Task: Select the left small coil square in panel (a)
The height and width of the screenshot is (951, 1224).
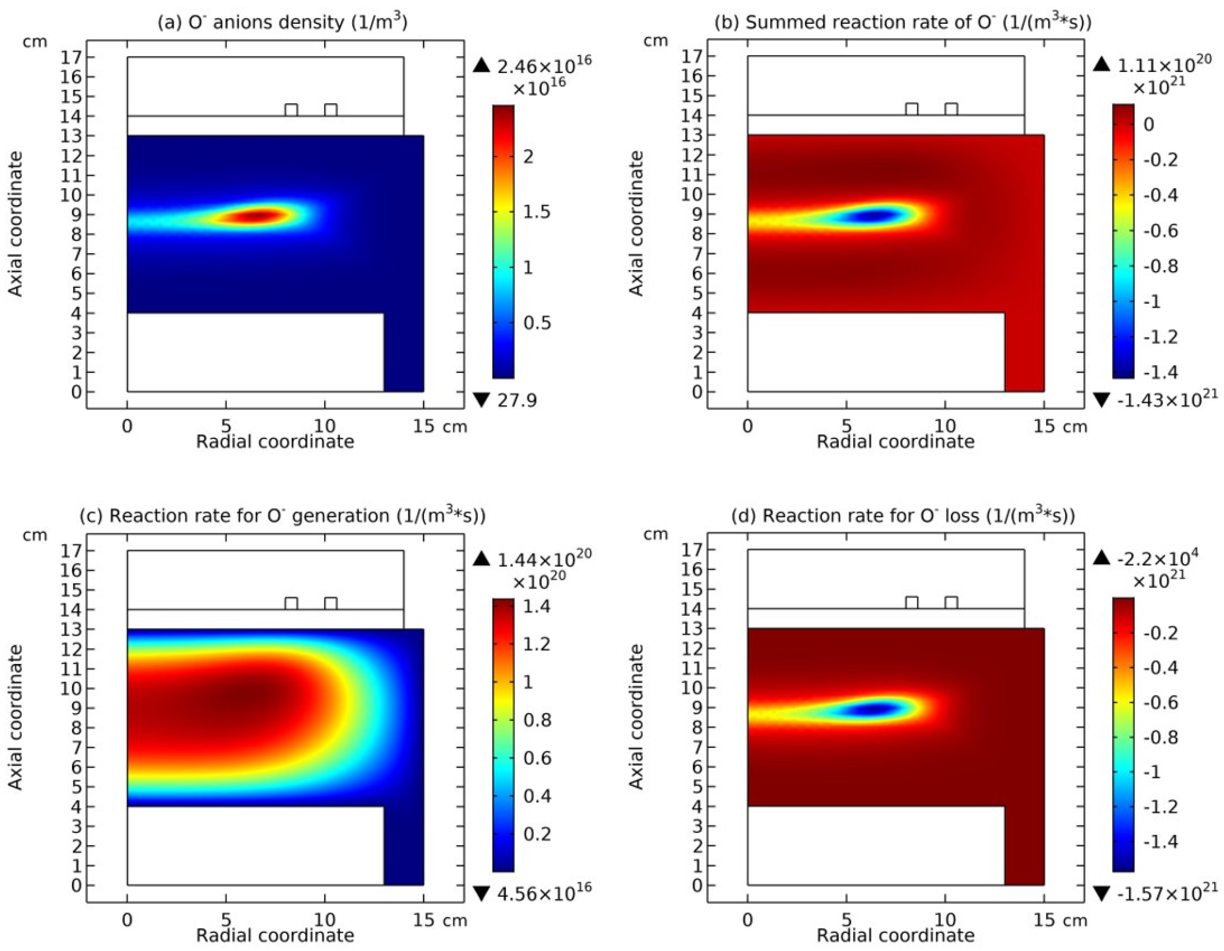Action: point(291,110)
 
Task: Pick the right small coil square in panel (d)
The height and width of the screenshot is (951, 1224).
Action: point(951,603)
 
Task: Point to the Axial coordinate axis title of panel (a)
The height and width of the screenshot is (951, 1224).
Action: point(17,224)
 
